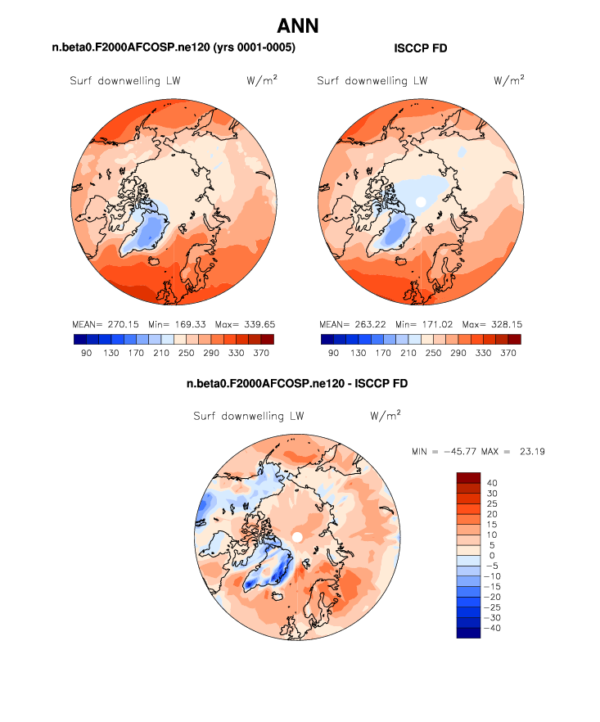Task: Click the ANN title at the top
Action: [298, 25]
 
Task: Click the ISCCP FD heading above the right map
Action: [420, 49]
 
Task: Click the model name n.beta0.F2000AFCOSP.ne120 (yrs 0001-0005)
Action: [174, 49]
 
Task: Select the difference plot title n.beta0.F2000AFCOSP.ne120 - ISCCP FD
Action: [297, 383]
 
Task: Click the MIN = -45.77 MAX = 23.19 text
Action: [480, 452]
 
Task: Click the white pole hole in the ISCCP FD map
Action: [421, 201]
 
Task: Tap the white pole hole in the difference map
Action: [298, 536]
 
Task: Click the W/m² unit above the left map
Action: [260, 80]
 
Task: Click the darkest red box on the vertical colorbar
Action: [468, 477]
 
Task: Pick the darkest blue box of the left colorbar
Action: [79, 338]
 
